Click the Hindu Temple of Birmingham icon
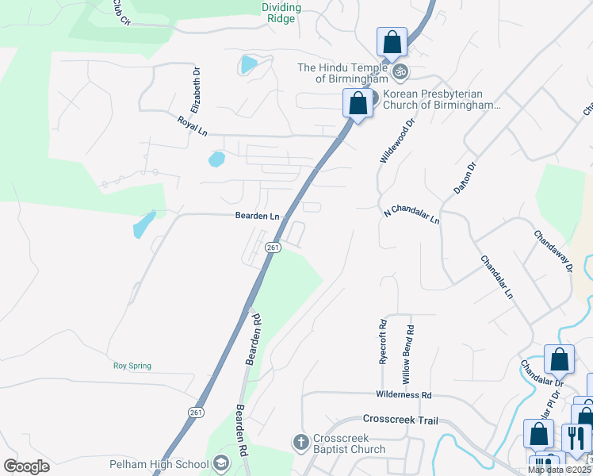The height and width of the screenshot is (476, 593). pos(400,71)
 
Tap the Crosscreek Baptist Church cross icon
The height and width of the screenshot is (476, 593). pos(300,441)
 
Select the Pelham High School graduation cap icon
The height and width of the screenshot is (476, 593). pos(222,464)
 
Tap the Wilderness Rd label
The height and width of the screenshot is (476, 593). pos(404,394)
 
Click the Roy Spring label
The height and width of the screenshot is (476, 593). pos(132,366)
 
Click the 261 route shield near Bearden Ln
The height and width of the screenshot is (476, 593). pos(273,248)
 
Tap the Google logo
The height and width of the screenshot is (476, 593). pos(26,466)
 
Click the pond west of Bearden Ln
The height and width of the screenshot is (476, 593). pos(143,225)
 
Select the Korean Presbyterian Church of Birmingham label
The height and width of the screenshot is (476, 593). pos(442,99)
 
